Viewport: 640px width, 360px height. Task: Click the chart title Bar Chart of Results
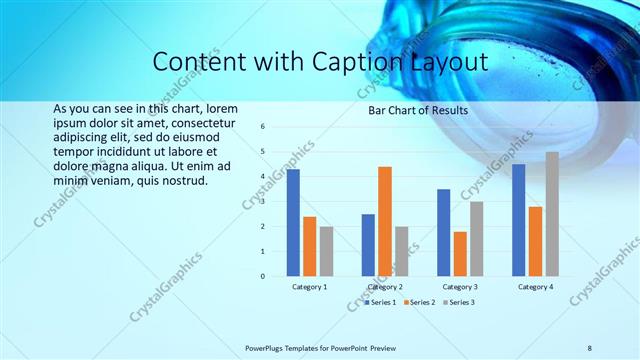click(x=412, y=110)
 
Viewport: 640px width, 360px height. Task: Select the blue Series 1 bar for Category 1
click(x=293, y=222)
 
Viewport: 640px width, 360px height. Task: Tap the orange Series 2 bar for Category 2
click(x=385, y=221)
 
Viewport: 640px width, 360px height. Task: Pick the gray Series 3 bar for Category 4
click(x=552, y=214)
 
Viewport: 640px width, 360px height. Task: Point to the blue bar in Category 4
click(x=518, y=220)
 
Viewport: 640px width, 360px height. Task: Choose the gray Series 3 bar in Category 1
click(x=326, y=251)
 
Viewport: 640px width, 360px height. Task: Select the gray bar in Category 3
click(x=477, y=238)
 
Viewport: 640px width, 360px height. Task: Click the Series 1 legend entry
click(x=380, y=301)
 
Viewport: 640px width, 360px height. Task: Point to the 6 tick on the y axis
click(x=262, y=127)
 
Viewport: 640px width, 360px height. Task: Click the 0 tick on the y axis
click(x=262, y=276)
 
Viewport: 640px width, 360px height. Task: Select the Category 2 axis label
click(x=385, y=287)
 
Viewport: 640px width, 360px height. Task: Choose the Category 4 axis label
click(x=535, y=287)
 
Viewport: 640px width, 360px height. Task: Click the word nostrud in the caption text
click(x=182, y=181)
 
